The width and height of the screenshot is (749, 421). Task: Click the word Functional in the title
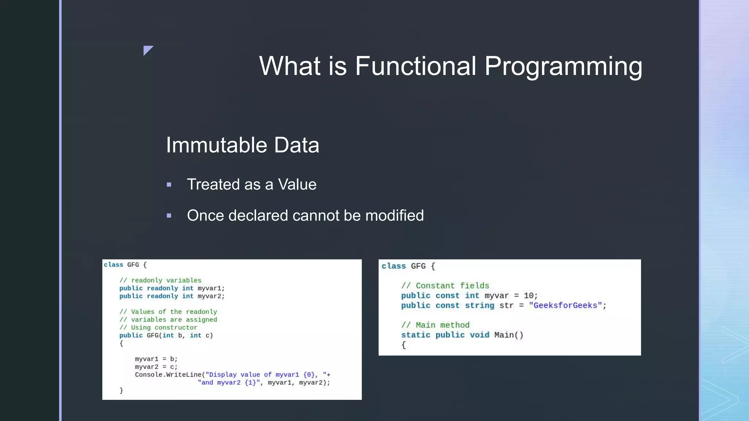pos(415,66)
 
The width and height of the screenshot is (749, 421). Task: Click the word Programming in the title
pos(563,67)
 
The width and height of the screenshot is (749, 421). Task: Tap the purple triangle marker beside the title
pos(147,50)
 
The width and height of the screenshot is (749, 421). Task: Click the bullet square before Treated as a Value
pos(169,185)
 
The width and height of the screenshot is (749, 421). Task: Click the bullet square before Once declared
pos(169,216)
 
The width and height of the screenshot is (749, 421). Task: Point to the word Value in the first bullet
pos(297,185)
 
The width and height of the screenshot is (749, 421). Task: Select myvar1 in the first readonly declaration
pos(210,288)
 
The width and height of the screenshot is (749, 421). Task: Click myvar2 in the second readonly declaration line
pos(210,296)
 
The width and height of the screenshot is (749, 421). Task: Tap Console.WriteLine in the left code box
pos(168,375)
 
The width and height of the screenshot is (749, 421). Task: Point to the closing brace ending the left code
pos(121,390)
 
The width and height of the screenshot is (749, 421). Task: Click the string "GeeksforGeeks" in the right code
pos(565,306)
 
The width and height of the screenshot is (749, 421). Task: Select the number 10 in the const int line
pos(528,296)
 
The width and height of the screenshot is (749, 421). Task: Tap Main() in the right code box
pos(509,335)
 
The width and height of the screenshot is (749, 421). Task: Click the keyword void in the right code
pos(479,335)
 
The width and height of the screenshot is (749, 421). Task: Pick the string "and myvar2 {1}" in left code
pos(229,383)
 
